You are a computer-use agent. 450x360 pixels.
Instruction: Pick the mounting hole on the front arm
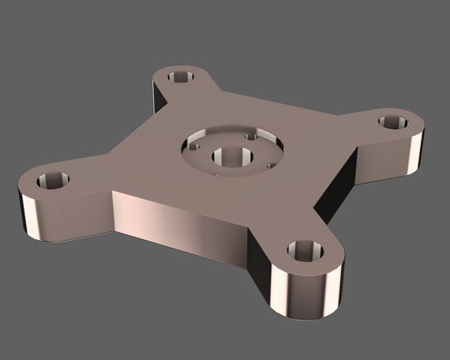click(x=305, y=252)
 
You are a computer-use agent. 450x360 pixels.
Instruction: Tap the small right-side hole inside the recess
click(x=272, y=165)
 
